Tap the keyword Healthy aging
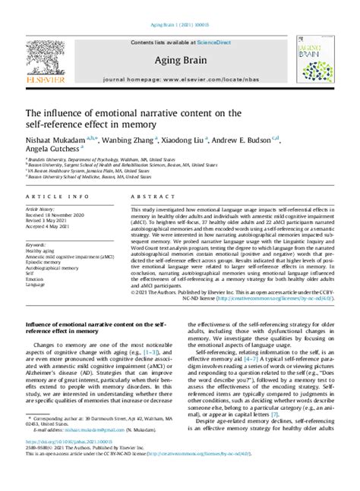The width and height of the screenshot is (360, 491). coord(44,251)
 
